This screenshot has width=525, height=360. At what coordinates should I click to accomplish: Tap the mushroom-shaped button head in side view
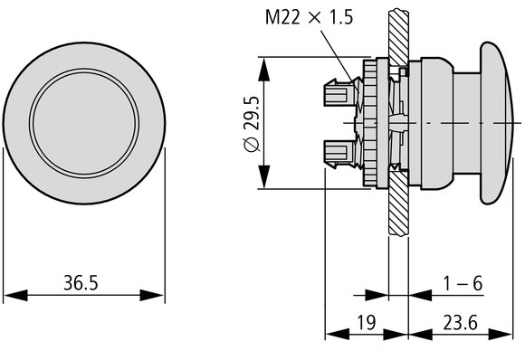pos(495,121)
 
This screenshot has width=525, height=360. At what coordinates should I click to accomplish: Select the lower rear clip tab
pos(336,154)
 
